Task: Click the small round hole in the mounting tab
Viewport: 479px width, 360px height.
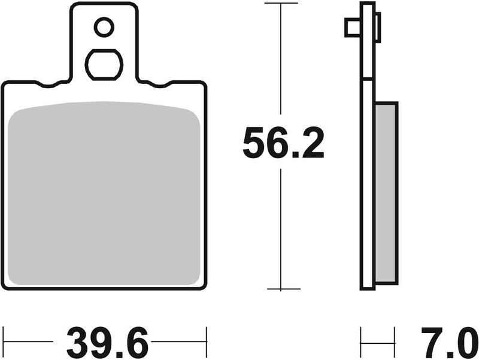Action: [x=104, y=26]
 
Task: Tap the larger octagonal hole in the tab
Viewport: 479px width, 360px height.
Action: [x=104, y=63]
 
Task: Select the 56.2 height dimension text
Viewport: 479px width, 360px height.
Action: [x=283, y=144]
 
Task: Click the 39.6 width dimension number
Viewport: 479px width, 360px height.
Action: [x=108, y=343]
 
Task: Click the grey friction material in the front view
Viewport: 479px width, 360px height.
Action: [x=105, y=192]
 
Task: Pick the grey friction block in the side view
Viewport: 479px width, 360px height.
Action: [x=386, y=192]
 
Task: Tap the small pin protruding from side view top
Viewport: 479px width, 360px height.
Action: [x=351, y=27]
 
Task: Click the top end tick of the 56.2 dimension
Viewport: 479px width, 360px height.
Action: [x=281, y=4]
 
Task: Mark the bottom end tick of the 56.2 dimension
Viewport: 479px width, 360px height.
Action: [x=283, y=289]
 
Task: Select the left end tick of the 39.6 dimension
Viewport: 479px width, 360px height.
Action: [x=4, y=343]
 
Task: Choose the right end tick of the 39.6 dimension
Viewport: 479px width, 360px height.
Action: [x=206, y=343]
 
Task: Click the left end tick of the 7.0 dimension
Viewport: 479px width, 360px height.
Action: [x=361, y=343]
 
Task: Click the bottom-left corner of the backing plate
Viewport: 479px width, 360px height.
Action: [x=5, y=286]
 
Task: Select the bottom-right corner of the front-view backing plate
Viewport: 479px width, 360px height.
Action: [x=204, y=286]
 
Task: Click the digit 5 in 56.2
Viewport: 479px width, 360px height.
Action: [x=254, y=144]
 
